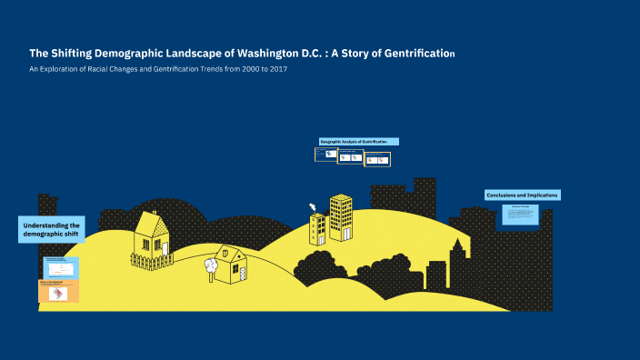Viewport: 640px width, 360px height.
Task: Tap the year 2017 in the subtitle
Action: (278, 70)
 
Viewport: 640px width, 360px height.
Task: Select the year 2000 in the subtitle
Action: (243, 70)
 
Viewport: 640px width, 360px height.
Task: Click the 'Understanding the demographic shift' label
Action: (51, 229)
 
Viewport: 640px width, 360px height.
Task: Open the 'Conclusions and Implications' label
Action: (522, 195)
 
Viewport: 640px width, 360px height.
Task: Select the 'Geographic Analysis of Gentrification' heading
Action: (358, 142)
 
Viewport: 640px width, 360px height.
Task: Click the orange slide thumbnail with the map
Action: (58, 292)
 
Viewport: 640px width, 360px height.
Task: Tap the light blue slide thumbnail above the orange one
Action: (59, 267)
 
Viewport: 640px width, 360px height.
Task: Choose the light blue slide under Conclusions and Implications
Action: (521, 215)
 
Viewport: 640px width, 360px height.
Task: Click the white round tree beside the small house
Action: (212, 265)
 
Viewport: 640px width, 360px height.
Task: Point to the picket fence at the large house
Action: (152, 261)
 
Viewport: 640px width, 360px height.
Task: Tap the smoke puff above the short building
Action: (313, 206)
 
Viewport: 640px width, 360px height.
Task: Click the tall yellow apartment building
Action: (341, 217)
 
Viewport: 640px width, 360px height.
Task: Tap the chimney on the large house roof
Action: (160, 219)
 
